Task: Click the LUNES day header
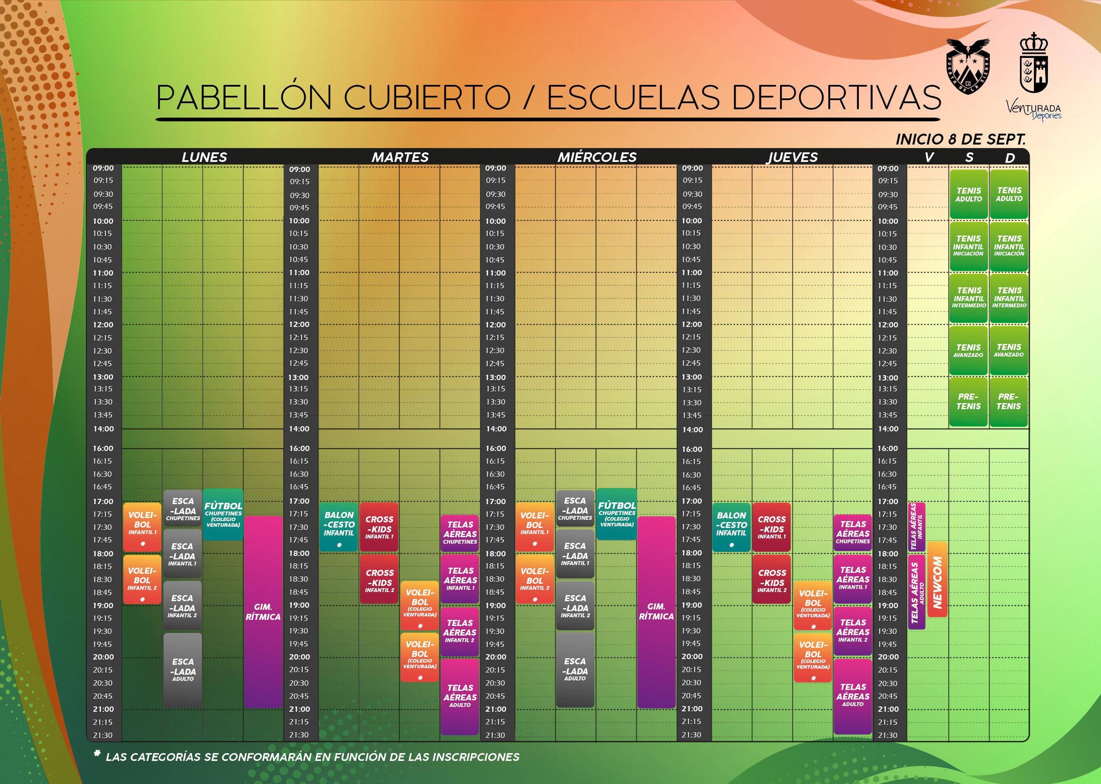tap(204, 158)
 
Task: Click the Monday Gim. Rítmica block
tap(263, 612)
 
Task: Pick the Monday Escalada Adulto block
tap(182, 670)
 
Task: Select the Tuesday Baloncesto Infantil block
tap(338, 527)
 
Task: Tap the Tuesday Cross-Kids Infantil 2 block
tap(379, 579)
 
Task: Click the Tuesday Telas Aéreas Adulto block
tap(460, 696)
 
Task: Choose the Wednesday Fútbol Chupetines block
tap(617, 514)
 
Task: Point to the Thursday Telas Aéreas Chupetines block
tap(853, 532)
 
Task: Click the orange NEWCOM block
tap(937, 579)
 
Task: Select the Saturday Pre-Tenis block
tap(968, 402)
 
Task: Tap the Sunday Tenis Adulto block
tap(1009, 194)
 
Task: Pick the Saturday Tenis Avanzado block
tap(968, 350)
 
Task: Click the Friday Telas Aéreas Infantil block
tap(916, 527)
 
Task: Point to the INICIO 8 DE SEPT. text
tap(960, 139)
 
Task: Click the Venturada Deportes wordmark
tap(1033, 111)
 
